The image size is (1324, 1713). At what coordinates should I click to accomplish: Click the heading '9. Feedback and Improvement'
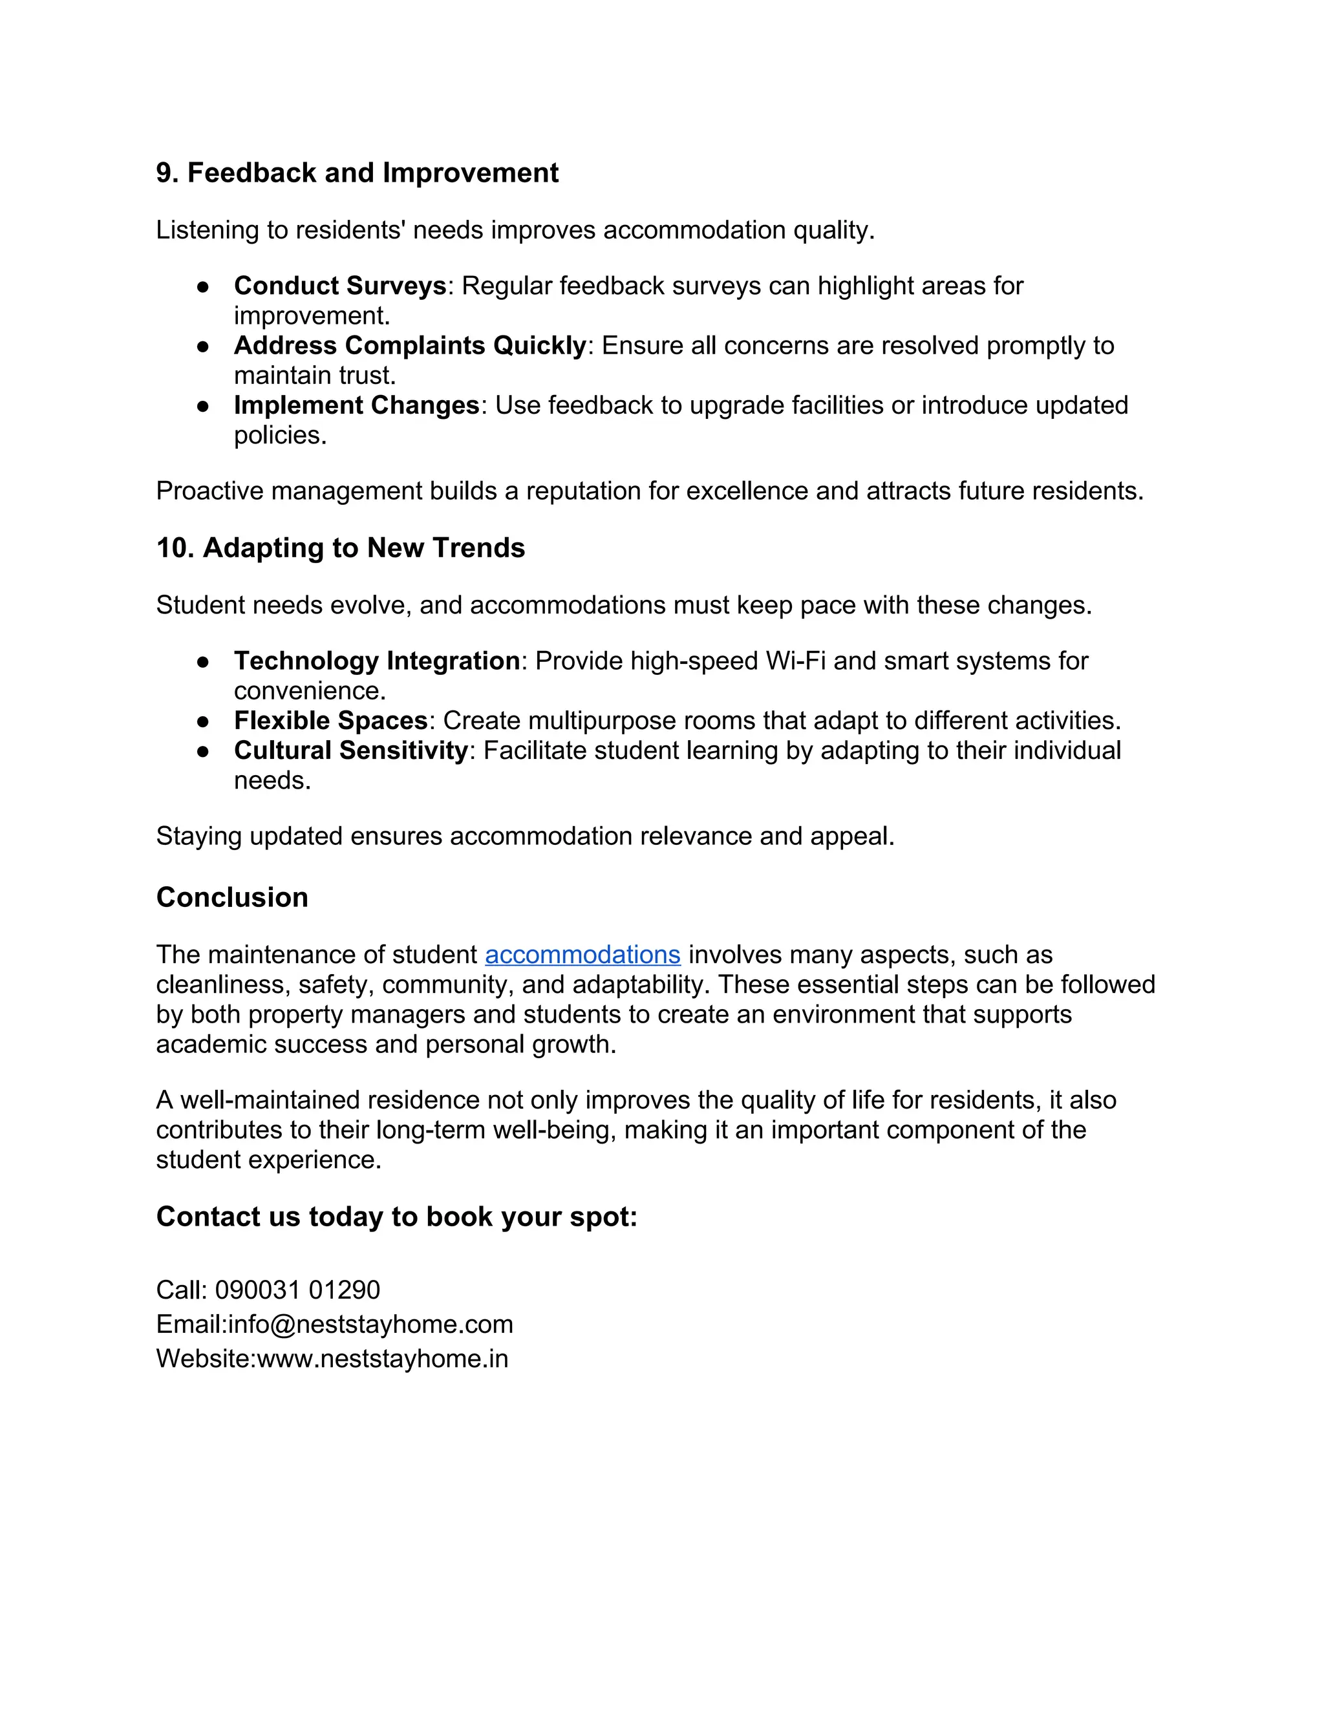coord(357,173)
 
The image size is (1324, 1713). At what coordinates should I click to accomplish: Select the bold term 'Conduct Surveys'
coord(339,286)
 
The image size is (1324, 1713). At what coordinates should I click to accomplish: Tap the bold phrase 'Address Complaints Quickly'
coord(409,345)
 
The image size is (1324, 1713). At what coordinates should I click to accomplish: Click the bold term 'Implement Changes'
coord(356,405)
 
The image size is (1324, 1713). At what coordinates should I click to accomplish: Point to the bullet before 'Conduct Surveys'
coord(203,287)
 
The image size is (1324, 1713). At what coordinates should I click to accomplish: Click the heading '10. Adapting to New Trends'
coord(341,548)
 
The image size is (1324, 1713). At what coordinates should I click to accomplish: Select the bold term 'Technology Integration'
coord(376,661)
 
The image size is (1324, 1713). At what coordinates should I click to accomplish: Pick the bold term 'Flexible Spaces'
coord(330,720)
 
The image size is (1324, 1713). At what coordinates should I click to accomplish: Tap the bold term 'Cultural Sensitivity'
coord(350,750)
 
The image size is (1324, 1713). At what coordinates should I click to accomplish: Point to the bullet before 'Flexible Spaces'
coord(203,721)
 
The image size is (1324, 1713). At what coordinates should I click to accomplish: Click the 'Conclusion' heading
coord(232,897)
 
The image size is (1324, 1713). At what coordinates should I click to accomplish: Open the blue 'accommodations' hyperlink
coord(582,955)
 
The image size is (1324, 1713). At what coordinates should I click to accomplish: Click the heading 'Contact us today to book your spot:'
coord(397,1217)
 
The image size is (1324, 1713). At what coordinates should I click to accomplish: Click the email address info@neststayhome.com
coord(370,1324)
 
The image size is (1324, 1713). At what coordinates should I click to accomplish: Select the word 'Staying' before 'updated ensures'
coord(199,836)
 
